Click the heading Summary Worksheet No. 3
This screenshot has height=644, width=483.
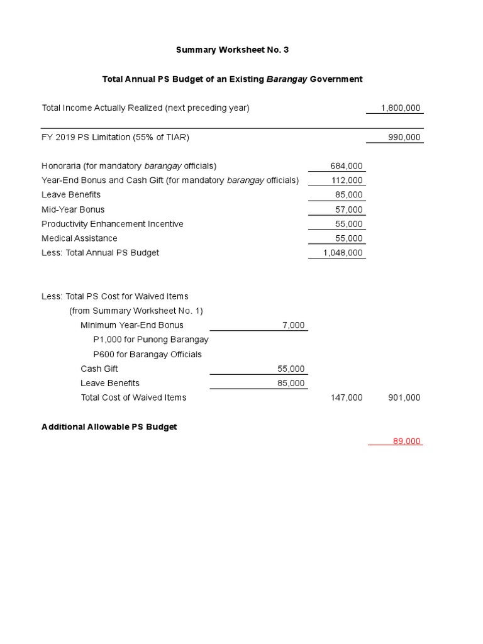(232, 50)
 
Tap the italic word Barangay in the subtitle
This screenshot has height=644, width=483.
(287, 79)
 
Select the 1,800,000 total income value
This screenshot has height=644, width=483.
(401, 108)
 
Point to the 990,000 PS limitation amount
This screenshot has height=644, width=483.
(404, 138)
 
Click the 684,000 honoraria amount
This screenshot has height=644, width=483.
(347, 166)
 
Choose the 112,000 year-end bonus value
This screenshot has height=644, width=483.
(347, 180)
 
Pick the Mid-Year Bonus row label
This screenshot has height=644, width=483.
(73, 209)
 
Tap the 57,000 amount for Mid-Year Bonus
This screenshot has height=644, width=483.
(349, 209)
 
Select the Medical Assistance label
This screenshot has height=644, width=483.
(79, 238)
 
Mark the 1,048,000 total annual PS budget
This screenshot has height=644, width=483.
(342, 253)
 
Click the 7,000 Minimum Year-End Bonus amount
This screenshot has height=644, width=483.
(294, 325)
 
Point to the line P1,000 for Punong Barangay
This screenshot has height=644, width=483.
(150, 340)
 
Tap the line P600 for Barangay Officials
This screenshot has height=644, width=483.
(147, 354)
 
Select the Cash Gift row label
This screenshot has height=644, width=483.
(99, 369)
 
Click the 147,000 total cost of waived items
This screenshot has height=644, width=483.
(347, 397)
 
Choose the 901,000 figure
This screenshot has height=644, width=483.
(404, 397)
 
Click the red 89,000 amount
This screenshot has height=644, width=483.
(406, 441)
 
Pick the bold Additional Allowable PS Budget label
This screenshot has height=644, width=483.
(109, 427)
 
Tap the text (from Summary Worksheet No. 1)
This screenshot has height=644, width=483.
(136, 311)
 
